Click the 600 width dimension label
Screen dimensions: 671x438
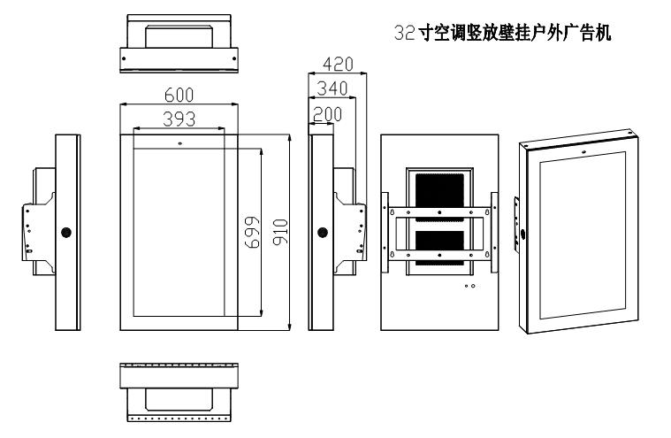(x=179, y=95)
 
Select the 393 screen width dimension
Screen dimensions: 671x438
(x=179, y=119)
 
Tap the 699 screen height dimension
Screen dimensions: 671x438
(x=252, y=233)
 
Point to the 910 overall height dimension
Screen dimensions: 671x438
(x=280, y=233)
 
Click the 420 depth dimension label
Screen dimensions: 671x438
(x=338, y=65)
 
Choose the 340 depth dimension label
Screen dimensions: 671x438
(x=332, y=88)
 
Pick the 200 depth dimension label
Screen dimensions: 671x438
(x=327, y=114)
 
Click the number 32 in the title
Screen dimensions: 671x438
(x=404, y=33)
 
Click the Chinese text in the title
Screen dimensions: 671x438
(x=515, y=33)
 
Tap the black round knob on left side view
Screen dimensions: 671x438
(x=66, y=233)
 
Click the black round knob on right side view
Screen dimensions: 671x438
(x=323, y=233)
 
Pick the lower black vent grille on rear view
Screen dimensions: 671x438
(x=440, y=250)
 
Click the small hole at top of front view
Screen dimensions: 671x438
(x=179, y=143)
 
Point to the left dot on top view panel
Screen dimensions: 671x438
(x=124, y=58)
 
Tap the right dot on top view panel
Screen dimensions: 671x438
(x=234, y=58)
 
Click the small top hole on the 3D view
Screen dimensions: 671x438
(x=583, y=151)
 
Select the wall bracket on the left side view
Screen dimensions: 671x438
(x=39, y=220)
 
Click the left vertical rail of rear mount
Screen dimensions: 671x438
(x=385, y=232)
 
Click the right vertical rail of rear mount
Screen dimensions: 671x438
(x=494, y=232)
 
